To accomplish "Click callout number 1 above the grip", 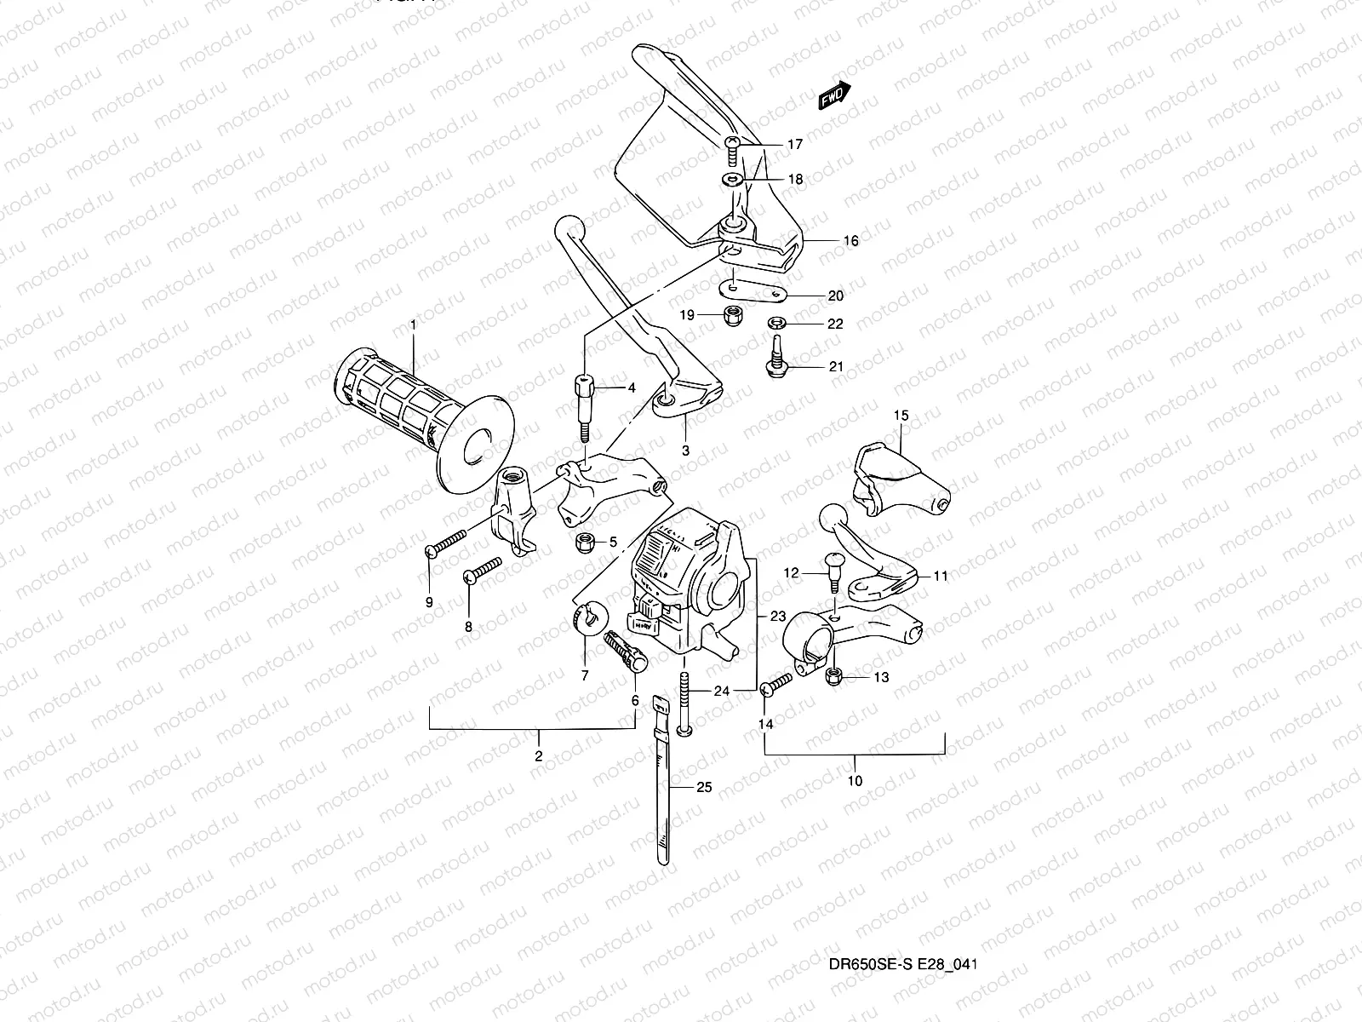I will [414, 324].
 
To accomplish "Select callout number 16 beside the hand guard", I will [850, 241].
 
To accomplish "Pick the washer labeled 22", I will [775, 324].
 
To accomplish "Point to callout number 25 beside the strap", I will [703, 787].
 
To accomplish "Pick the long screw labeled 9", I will [447, 543].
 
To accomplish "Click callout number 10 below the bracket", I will [856, 780].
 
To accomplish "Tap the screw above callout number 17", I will [733, 152].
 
